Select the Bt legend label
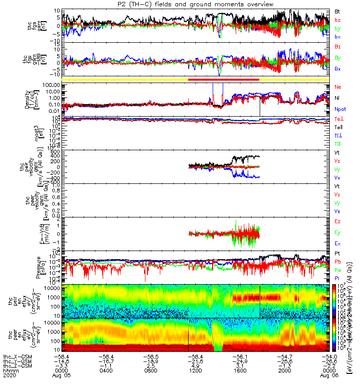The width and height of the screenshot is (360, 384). [x=338, y=11]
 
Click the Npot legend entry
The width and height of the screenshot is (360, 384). [x=340, y=109]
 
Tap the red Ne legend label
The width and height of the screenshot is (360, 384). [x=338, y=87]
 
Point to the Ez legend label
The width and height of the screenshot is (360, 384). [x=338, y=221]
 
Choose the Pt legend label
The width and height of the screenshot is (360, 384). [x=337, y=253]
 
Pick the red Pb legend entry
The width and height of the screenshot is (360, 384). [x=338, y=262]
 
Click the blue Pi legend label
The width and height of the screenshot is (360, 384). [x=337, y=278]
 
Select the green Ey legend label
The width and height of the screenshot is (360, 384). [x=338, y=232]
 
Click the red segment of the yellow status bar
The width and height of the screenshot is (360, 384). [x=224, y=79]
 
